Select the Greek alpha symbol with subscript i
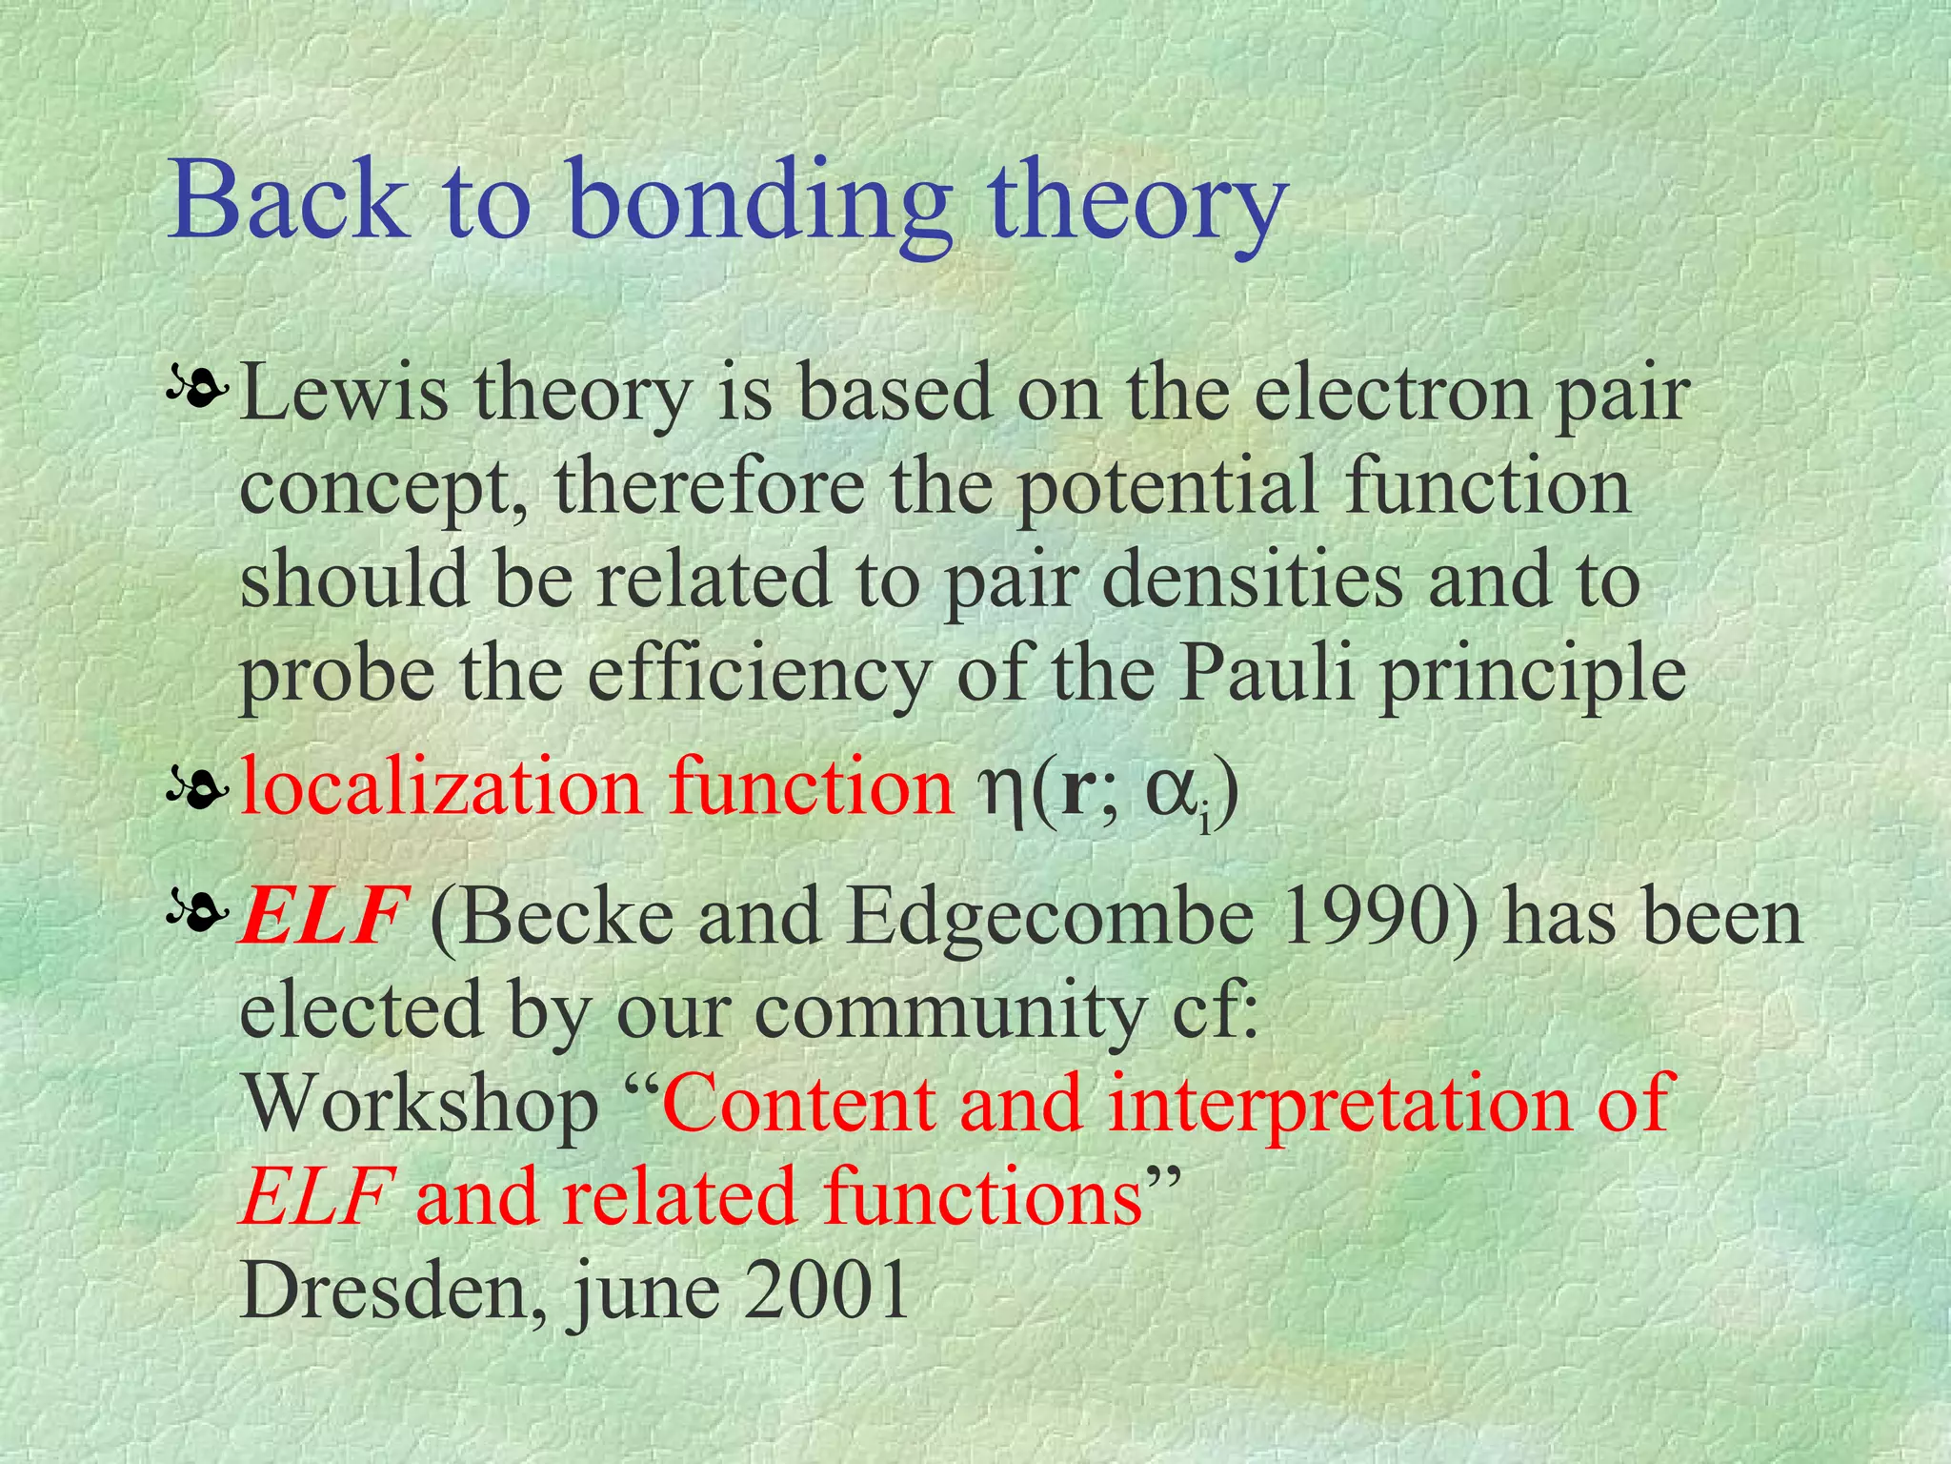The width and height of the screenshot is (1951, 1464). coord(1177,793)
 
